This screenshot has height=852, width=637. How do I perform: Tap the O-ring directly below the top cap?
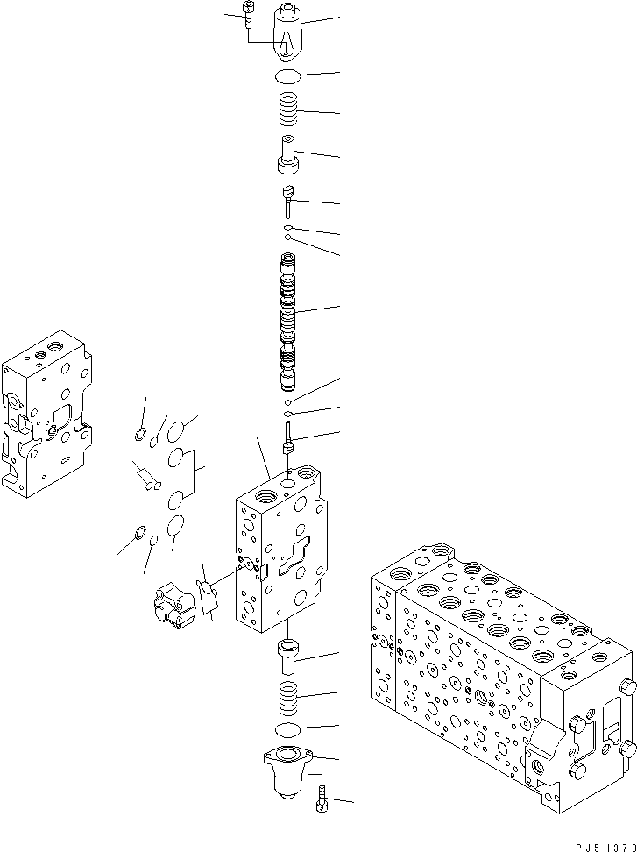287,76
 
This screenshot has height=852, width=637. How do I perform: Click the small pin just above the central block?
287,438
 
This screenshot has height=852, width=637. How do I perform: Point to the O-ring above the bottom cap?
288,730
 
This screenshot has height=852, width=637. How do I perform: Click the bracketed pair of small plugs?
145,478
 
